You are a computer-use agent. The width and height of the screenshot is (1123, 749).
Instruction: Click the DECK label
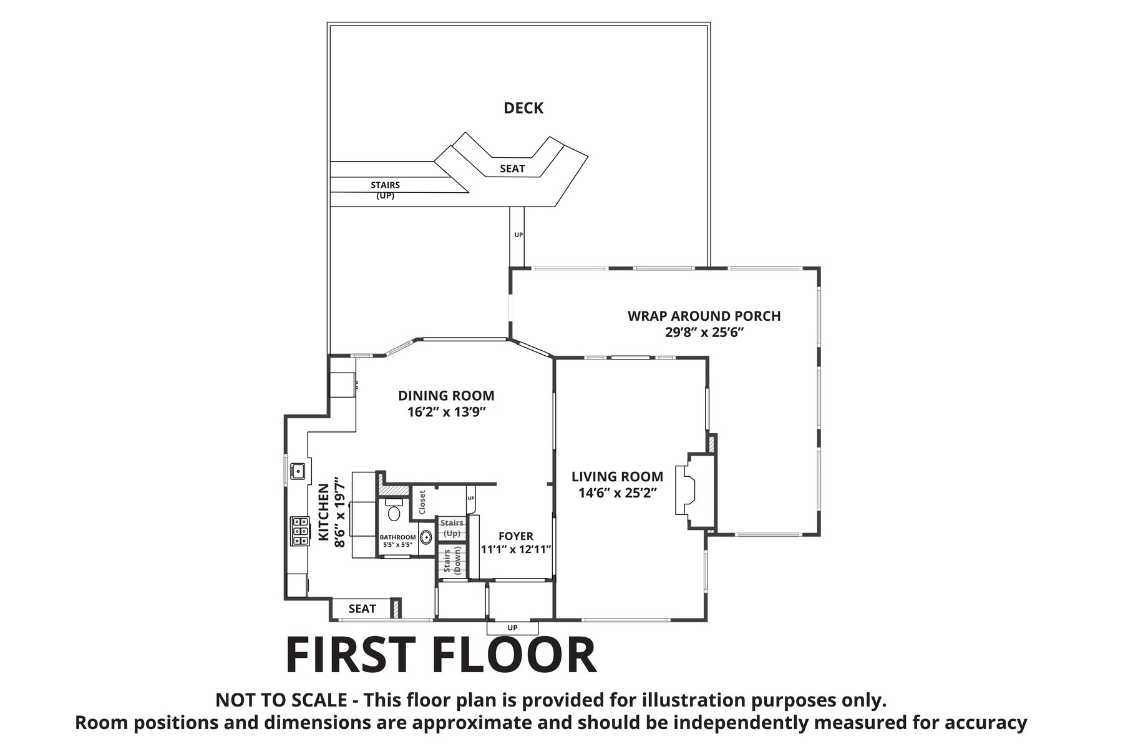[x=523, y=108]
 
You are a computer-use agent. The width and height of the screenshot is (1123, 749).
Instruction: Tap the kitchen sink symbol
[x=298, y=470]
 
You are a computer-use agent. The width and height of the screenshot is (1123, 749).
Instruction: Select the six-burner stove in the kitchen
[x=299, y=532]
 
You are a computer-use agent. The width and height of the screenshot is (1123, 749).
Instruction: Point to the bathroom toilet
[x=394, y=510]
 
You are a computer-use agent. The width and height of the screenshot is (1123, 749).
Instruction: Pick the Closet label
[x=422, y=502]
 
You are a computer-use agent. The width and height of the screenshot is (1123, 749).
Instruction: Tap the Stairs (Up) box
[x=452, y=528]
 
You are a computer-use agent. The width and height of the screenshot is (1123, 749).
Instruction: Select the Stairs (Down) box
[x=452, y=561]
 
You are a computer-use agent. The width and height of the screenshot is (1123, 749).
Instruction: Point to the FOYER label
[x=516, y=536]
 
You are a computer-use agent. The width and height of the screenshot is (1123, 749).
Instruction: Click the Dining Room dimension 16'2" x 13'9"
[x=446, y=412]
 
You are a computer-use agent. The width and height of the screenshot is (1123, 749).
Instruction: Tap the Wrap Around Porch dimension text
[x=704, y=332]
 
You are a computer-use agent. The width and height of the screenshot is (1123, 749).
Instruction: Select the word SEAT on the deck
[x=512, y=169]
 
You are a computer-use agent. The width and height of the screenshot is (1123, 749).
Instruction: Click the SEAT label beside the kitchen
[x=362, y=609]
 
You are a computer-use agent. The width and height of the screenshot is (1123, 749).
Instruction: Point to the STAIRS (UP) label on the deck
[x=385, y=190]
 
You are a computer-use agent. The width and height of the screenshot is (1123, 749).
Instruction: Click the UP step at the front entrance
[x=512, y=627]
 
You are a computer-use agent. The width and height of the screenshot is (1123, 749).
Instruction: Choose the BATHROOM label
[x=397, y=537]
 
